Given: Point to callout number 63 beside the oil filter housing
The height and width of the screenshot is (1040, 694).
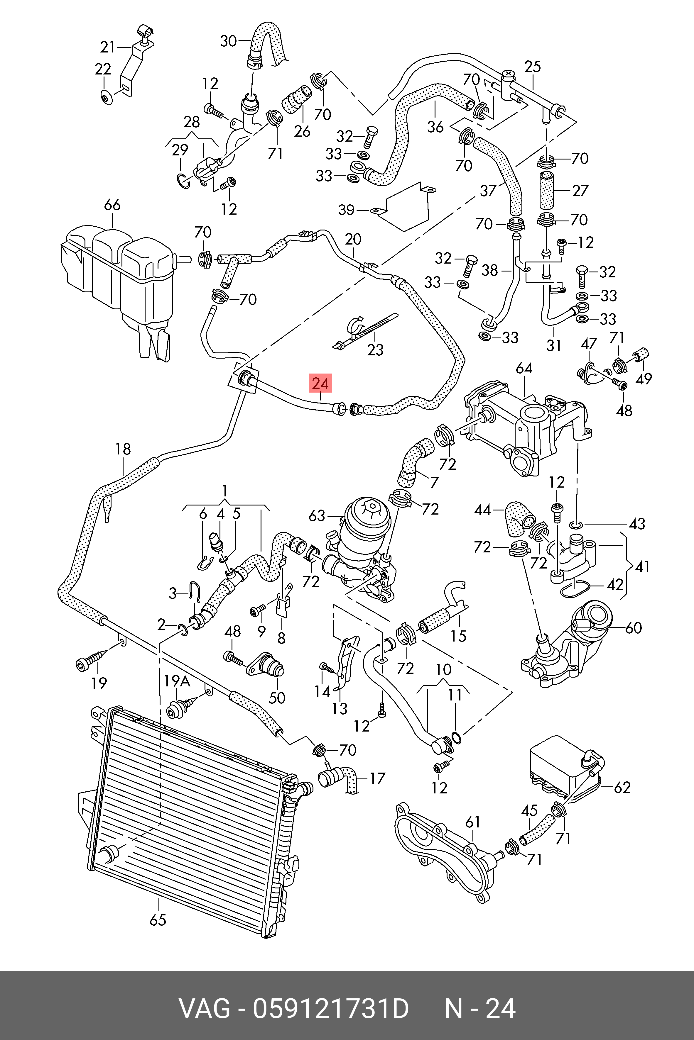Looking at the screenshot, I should click(317, 515).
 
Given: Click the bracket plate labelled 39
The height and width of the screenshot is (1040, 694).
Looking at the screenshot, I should click(405, 208).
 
